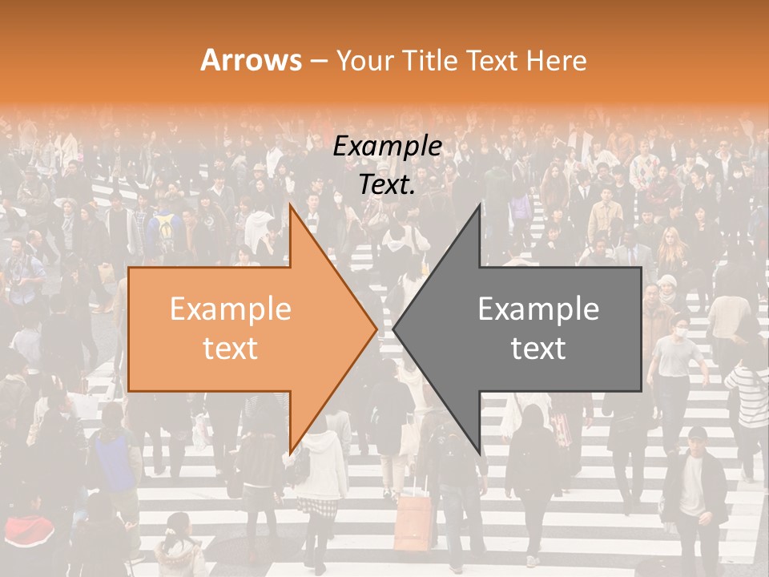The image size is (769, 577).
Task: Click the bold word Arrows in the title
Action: point(252,60)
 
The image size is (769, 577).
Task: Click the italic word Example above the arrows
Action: point(387,147)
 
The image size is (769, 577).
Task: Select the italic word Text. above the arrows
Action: point(387,184)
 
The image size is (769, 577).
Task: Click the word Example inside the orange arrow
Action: point(230,309)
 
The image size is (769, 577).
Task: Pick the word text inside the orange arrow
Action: point(230,349)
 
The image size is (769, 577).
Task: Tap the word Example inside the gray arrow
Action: point(538,309)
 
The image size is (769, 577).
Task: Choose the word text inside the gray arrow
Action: point(538,349)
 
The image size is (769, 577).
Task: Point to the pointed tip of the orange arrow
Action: point(376,329)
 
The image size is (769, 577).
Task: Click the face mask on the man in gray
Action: point(682,331)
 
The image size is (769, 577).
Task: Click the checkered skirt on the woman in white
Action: point(318,506)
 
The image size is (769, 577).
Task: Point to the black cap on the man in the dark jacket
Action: point(698,434)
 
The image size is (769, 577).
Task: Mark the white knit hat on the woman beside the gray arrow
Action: point(666,280)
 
